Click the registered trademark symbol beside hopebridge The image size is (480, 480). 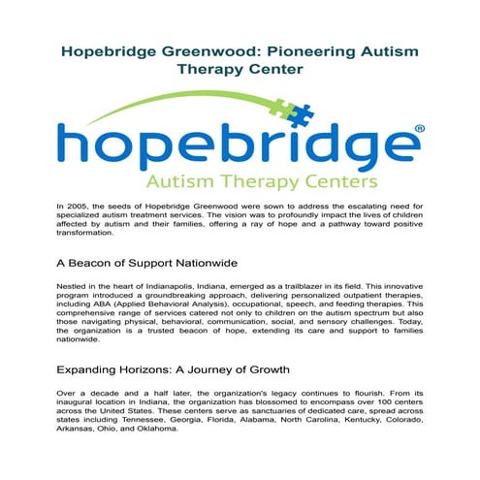coord(419,129)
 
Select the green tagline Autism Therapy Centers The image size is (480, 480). coord(240,180)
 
